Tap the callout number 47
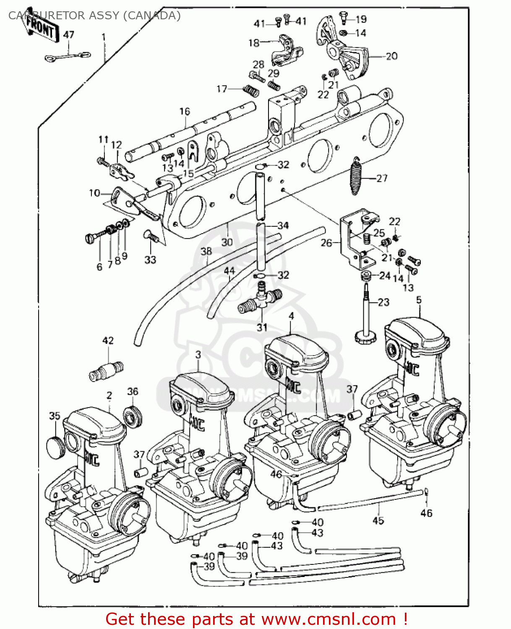(x=68, y=35)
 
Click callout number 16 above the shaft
(x=185, y=112)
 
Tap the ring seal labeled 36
(x=133, y=416)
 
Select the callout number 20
(x=391, y=56)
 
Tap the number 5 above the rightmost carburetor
(x=419, y=300)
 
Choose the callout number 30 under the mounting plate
(x=227, y=242)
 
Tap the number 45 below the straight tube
(x=378, y=520)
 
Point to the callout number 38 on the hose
(x=206, y=251)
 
